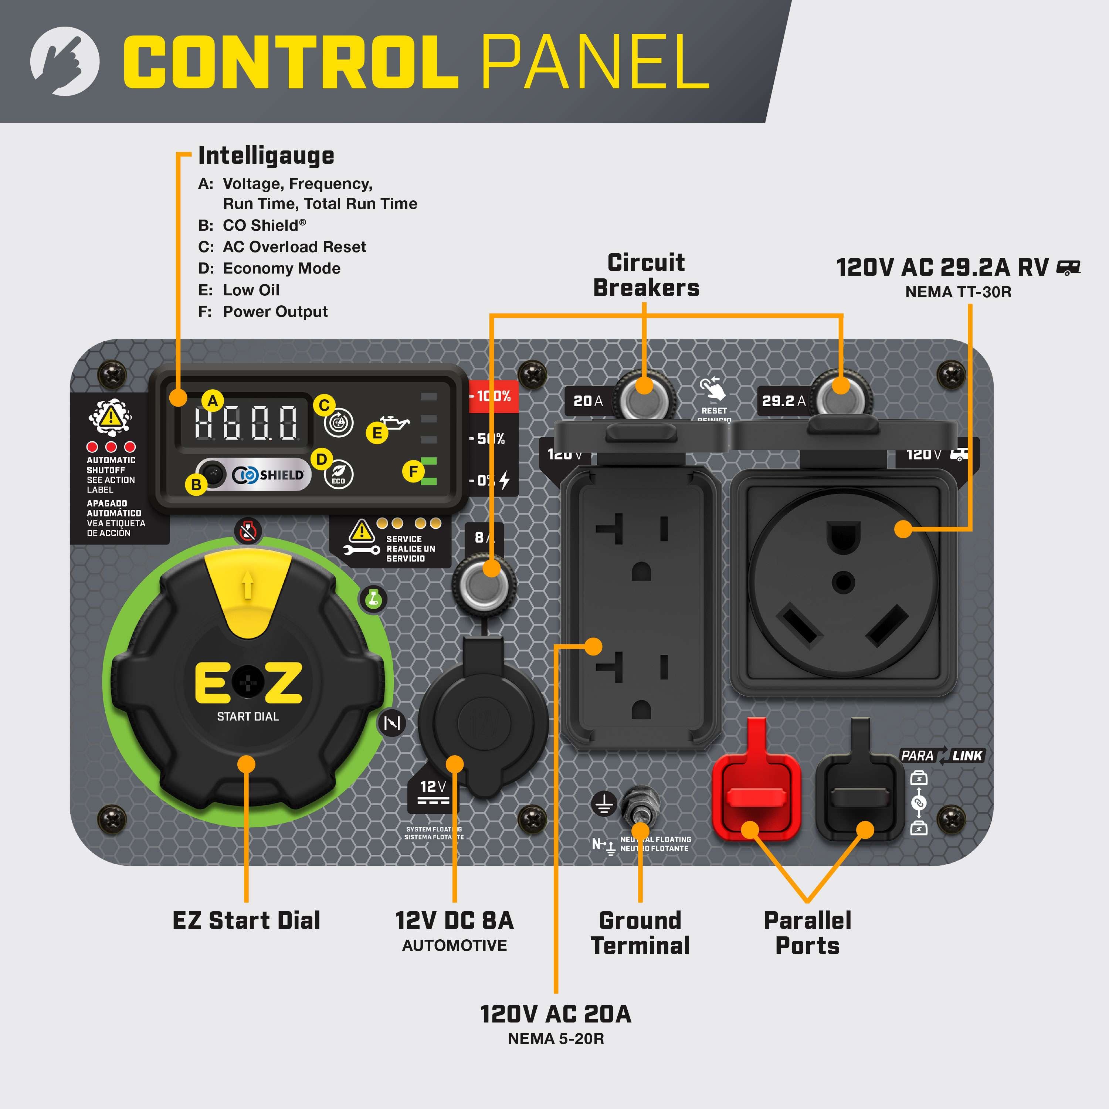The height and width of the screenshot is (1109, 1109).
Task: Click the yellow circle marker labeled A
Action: point(213,401)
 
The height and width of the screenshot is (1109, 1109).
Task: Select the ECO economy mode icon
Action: point(339,475)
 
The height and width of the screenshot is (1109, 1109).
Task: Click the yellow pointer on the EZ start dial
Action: point(247,591)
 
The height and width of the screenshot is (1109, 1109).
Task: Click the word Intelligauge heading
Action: point(266,156)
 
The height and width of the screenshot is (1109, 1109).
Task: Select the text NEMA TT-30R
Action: point(958,292)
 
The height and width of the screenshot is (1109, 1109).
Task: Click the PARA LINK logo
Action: point(942,755)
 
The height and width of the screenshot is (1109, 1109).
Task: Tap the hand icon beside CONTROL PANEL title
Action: point(64,61)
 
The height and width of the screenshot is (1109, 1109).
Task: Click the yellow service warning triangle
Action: point(362,531)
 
